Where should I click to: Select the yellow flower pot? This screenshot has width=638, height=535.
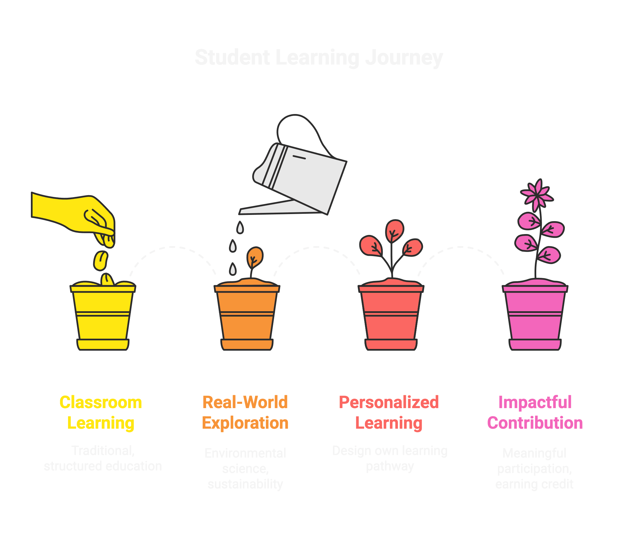coord(103,316)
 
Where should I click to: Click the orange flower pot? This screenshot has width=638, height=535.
coord(247,316)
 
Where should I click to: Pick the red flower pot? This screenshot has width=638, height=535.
coord(391,316)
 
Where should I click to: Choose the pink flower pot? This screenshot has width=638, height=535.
coord(535,316)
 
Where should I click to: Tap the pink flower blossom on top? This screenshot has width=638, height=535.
coord(537,194)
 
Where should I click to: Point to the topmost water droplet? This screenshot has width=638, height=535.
coord(240,227)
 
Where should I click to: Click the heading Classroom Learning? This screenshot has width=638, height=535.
coord(101,412)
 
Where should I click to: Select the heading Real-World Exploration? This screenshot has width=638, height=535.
coord(245,412)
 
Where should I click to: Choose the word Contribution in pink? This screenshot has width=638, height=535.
coord(535,423)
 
